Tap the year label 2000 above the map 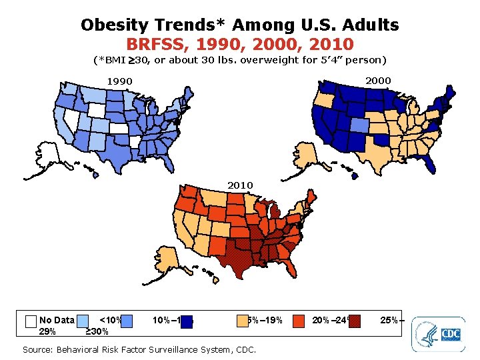pos(378,80)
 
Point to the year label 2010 pos(240,185)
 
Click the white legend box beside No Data pos(30,321)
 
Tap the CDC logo pos(438,334)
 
